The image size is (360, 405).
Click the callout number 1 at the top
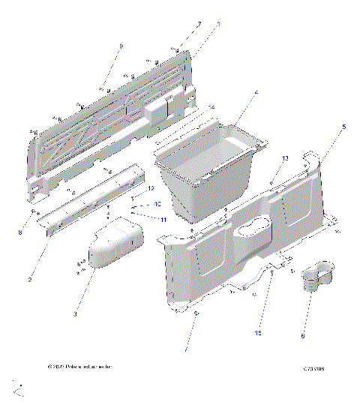(x=217, y=25)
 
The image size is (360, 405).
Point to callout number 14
(x=211, y=108)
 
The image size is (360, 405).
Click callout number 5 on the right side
(x=343, y=127)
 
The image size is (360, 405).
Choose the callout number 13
(x=284, y=159)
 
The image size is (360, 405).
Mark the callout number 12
(x=150, y=188)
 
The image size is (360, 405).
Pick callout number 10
(x=157, y=204)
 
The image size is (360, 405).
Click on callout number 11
(x=163, y=219)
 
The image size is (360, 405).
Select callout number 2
(x=29, y=280)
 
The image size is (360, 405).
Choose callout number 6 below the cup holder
(x=303, y=335)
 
